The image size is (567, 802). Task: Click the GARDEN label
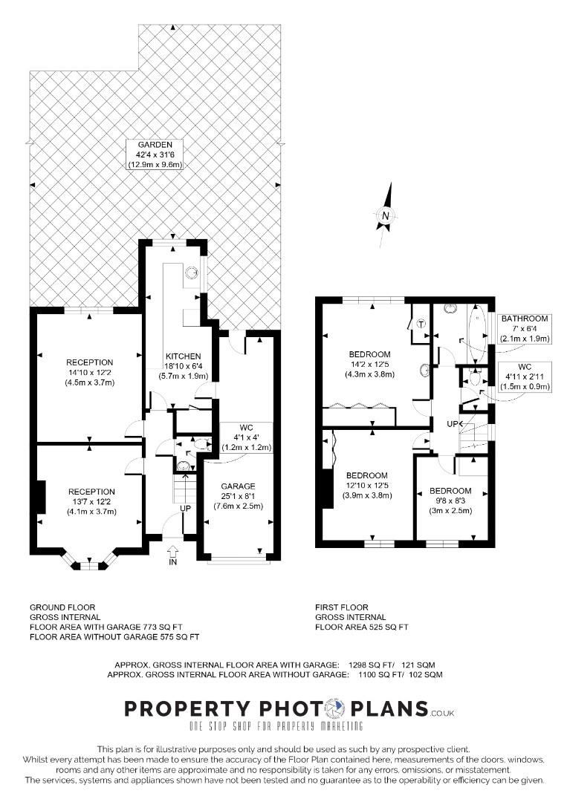[155, 145]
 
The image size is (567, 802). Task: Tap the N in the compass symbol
[386, 215]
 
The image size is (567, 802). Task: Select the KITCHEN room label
[183, 356]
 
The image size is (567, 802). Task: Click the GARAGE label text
[238, 486]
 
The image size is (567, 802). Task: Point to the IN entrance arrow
[173, 552]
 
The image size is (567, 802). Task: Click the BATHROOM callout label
[525, 318]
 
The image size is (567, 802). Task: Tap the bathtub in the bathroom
[477, 333]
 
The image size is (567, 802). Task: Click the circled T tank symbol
[421, 323]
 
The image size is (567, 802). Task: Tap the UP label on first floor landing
[453, 424]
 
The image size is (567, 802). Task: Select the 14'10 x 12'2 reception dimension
[90, 373]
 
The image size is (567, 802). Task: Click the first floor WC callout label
[525, 367]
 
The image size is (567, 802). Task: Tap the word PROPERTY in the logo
[188, 708]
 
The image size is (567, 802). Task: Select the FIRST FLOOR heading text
[342, 607]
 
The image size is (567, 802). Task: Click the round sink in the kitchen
[192, 272]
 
